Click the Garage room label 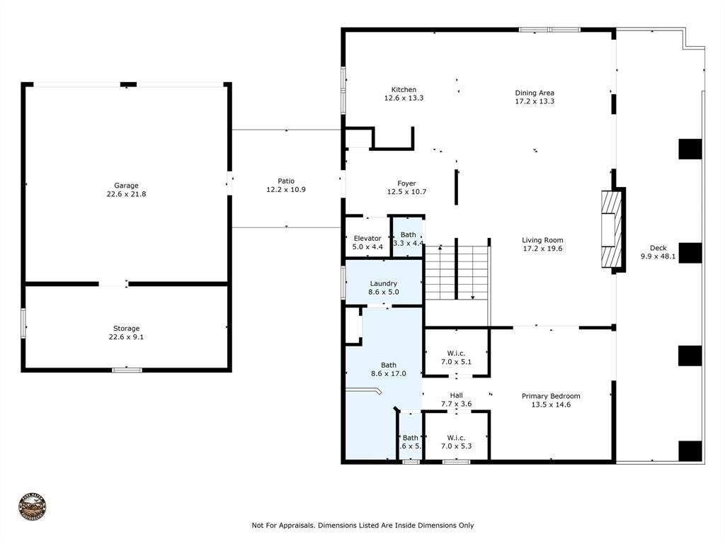[x=126, y=186]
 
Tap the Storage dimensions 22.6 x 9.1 [x=126, y=337]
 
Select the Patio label [x=285, y=181]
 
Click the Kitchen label [x=404, y=90]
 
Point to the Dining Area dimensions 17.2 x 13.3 [x=535, y=101]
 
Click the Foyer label [x=406, y=183]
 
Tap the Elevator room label [x=367, y=238]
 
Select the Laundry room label [x=383, y=283]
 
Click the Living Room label [x=542, y=240]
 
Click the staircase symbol [x=457, y=273]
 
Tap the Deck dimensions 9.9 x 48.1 [x=658, y=257]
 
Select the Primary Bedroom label [x=551, y=396]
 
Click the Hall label [x=456, y=395]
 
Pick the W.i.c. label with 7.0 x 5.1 [x=455, y=353]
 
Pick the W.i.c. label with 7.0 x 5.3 [x=455, y=437]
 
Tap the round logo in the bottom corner [x=33, y=507]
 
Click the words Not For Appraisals [x=282, y=526]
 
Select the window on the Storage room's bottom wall [x=127, y=369]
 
